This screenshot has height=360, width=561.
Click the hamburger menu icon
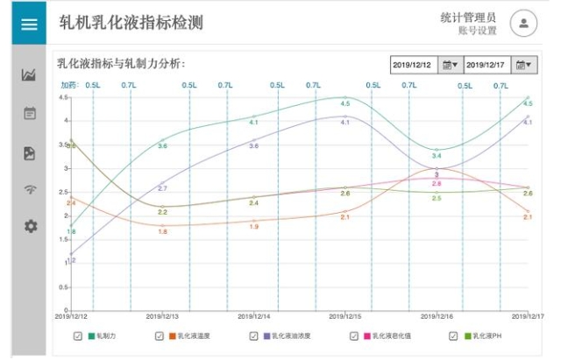(29, 24)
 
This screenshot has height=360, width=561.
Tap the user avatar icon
(523, 24)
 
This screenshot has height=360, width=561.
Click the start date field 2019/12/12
(415, 65)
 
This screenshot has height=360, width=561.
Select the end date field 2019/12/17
(487, 65)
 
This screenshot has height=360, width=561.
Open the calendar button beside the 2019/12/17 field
(524, 65)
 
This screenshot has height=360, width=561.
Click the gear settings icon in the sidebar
(30, 226)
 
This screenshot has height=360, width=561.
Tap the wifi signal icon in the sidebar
(30, 189)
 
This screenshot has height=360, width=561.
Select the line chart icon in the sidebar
(30, 75)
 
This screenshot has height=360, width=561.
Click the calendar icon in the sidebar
(30, 113)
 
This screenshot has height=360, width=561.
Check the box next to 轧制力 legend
(78, 335)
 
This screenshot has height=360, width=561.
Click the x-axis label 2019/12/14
(255, 316)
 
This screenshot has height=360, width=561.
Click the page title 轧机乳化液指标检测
(131, 24)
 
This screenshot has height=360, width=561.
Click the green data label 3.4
(437, 156)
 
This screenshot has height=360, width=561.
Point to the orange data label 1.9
(254, 227)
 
